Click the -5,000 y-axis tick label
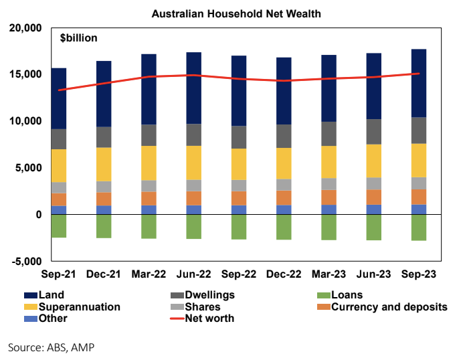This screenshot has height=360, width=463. (26, 261)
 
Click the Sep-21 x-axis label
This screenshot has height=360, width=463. (58, 275)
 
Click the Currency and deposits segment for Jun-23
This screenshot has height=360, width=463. (373, 197)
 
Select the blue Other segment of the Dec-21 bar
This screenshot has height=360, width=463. (104, 210)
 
